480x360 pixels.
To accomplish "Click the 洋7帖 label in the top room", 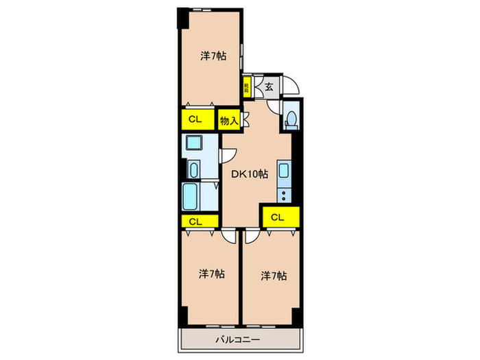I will click(213, 56).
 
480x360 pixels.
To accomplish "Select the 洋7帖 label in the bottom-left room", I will click(212, 274).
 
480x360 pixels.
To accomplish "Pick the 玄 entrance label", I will click(269, 86).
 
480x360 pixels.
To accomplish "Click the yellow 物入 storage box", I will click(229, 121).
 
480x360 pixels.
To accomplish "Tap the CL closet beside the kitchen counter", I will click(277, 218).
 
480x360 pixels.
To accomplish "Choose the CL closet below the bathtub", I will click(195, 221).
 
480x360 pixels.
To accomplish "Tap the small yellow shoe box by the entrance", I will click(245, 87).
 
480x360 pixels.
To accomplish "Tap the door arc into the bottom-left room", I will click(229, 237).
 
